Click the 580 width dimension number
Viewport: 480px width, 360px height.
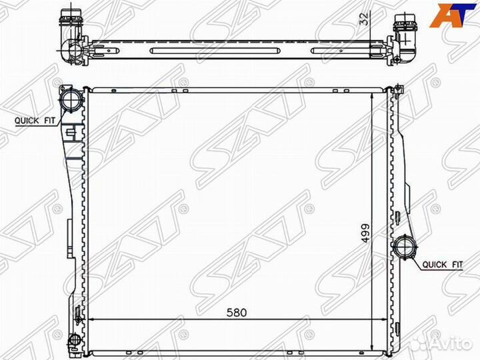coord(237,313)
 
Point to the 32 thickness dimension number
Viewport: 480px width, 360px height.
coord(365,19)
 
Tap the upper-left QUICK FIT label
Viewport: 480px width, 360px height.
coord(35,120)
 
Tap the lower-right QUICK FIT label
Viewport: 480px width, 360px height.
coord(443,264)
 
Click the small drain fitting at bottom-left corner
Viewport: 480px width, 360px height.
coord(74,339)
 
